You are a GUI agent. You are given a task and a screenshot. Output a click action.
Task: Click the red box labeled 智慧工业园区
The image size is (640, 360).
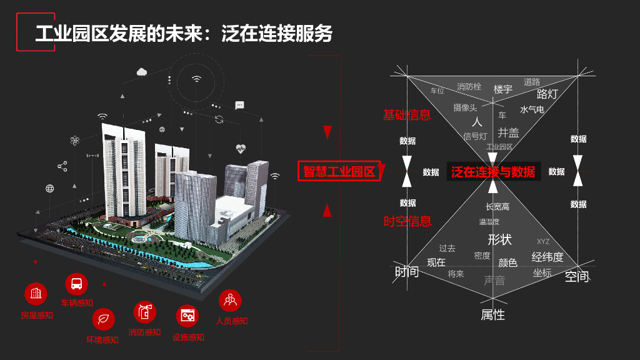point(339,172)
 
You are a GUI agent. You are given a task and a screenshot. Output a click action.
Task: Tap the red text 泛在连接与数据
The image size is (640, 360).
point(493,172)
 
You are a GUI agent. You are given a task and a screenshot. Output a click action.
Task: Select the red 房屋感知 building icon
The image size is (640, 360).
point(36,294)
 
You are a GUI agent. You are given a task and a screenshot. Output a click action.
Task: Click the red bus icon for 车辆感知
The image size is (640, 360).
point(76,284)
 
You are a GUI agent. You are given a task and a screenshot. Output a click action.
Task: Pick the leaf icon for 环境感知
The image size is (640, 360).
point(103,319)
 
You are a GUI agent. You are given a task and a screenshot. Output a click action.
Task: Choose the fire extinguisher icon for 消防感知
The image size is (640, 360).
point(144,311)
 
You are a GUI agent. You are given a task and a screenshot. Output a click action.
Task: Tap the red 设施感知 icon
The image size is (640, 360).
point(187,316)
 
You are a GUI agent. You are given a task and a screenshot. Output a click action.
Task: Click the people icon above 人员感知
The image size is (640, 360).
point(230,301)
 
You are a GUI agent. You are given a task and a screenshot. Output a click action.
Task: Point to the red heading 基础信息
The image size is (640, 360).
point(407,114)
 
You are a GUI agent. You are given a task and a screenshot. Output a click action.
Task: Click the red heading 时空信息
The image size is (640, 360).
point(407,221)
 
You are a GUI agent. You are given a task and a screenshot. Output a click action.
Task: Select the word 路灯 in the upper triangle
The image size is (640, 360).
point(547,94)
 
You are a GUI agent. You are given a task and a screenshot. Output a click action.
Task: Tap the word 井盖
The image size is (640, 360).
point(508,132)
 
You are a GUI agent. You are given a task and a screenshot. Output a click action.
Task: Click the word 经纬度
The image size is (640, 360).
point(547,257)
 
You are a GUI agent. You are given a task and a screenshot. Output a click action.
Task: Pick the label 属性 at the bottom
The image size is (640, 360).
point(492,315)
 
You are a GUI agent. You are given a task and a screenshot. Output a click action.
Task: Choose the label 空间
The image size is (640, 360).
point(577,276)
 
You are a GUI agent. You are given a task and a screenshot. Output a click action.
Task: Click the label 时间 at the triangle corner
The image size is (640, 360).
point(407,272)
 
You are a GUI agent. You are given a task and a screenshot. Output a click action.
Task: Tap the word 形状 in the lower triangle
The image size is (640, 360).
point(499,239)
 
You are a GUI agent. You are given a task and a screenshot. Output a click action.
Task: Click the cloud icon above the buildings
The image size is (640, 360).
point(142,72)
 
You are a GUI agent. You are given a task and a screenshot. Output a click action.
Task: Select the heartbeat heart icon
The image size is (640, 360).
point(241,149)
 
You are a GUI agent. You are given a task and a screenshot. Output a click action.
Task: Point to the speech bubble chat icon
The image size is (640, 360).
point(239,105)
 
